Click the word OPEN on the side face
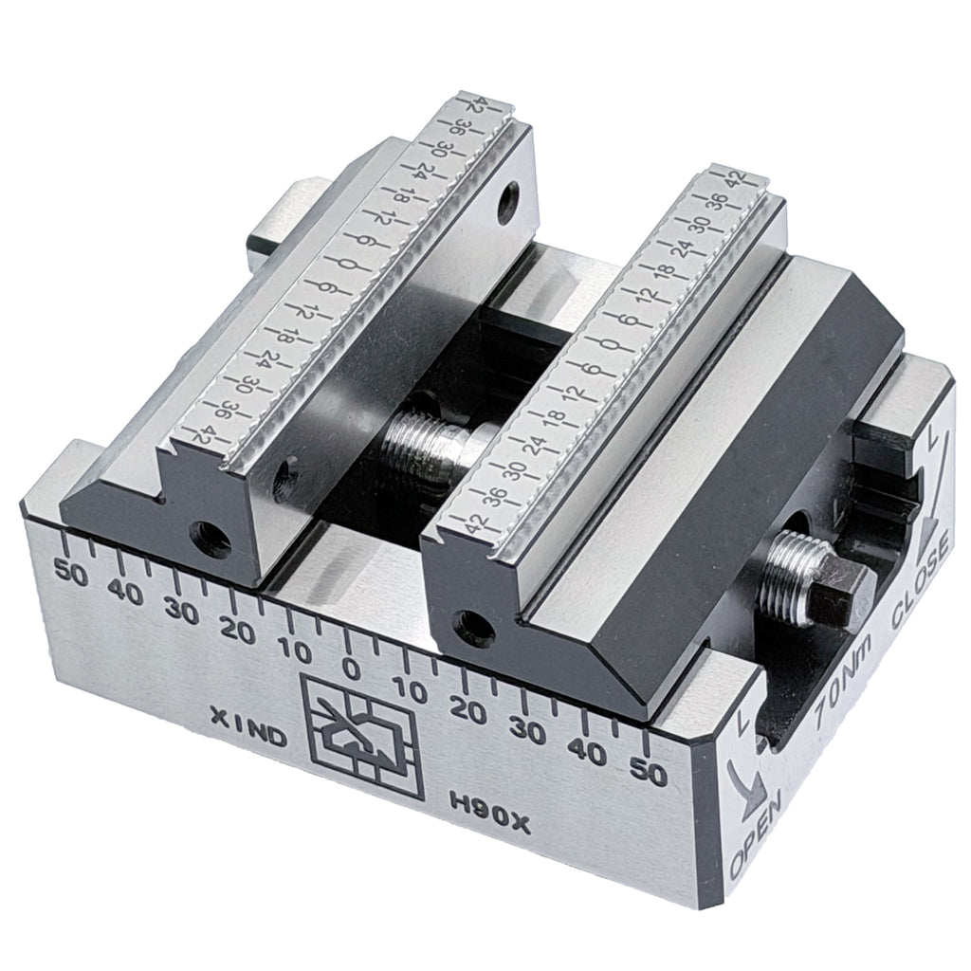pos(754,834)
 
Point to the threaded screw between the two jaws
pos(427,445)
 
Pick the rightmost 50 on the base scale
pos(650,774)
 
